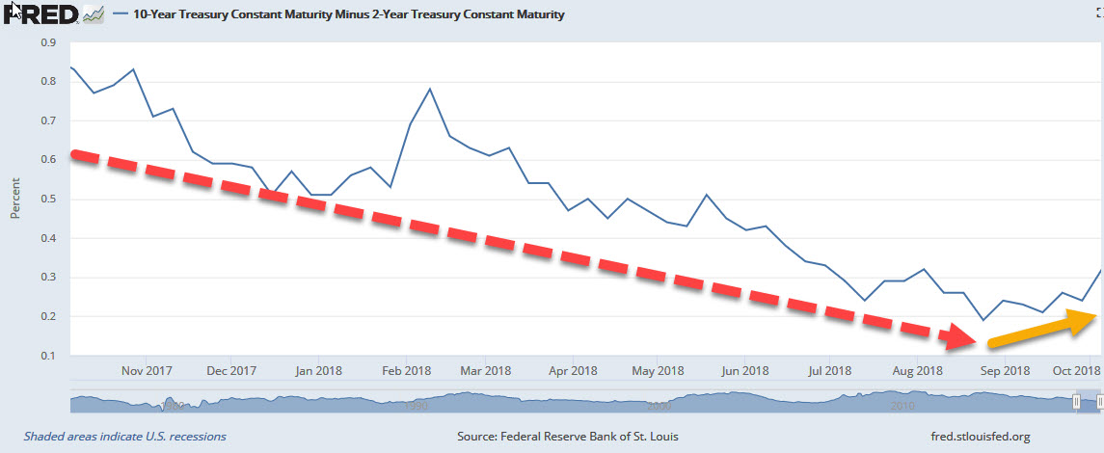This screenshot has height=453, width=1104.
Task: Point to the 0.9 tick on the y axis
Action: click(47, 42)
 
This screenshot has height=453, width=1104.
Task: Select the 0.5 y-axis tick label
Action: click(47, 200)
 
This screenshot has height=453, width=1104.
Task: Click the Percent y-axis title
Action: click(15, 198)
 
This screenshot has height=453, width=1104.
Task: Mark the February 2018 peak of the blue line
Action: click(429, 89)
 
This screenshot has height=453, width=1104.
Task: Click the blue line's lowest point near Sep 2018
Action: click(983, 320)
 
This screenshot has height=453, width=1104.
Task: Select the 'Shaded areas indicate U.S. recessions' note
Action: click(124, 437)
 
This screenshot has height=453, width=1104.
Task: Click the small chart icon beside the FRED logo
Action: click(94, 14)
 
